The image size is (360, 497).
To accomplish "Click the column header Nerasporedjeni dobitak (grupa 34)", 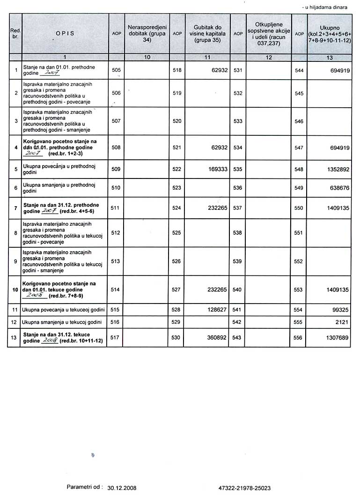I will coord(147,34).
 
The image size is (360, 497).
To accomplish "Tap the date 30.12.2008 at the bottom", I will coord(122,488).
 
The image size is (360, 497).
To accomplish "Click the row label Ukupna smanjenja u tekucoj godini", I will coord(62,322).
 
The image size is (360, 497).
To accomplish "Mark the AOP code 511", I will coord(116,208).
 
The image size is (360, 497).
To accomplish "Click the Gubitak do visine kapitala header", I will coord(207,34).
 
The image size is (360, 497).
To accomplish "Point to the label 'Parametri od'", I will coord(85,487).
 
